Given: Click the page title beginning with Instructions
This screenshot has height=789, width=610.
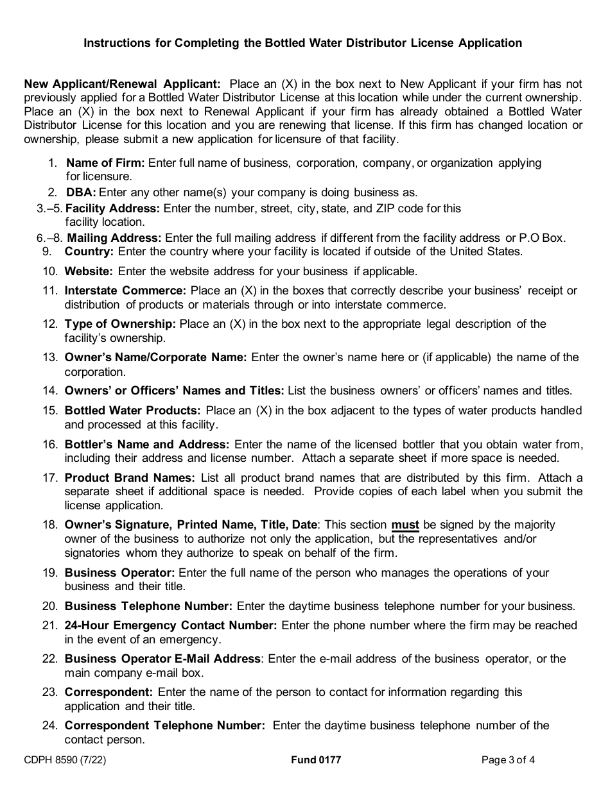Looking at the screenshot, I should click(x=303, y=43).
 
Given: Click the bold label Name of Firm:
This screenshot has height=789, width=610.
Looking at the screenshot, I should click(x=106, y=163).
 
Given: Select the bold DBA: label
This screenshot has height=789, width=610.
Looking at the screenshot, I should click(x=81, y=192).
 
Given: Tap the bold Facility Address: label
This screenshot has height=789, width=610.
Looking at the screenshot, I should click(x=113, y=208).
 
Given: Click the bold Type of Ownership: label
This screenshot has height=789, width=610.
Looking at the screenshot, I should click(x=121, y=324).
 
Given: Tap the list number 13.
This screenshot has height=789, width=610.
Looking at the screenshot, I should click(x=50, y=357).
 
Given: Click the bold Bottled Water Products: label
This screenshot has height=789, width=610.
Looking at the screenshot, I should click(x=133, y=410).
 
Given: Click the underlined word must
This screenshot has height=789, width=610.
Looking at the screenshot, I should click(x=405, y=525).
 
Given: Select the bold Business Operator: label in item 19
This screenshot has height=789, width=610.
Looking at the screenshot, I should click(x=119, y=573).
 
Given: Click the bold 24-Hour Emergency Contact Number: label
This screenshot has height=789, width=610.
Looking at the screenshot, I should click(x=171, y=625).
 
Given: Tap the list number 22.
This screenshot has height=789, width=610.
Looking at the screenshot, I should click(x=50, y=658).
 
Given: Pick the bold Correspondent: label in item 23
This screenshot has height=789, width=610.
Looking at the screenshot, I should click(x=109, y=692).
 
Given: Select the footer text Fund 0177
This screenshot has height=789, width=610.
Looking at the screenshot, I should click(x=316, y=761).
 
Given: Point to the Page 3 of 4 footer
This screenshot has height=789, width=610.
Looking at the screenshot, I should click(x=508, y=761).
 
